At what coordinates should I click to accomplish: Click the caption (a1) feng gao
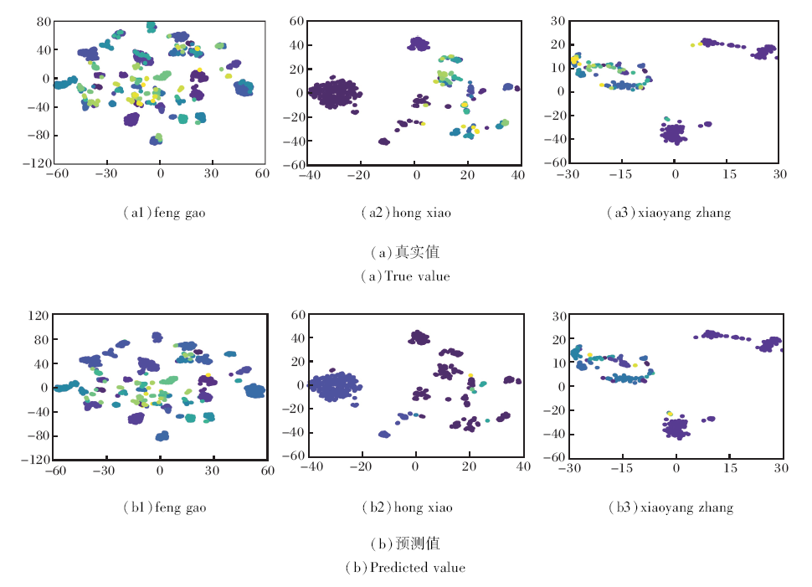(163, 214)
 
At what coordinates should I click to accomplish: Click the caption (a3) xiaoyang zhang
(668, 214)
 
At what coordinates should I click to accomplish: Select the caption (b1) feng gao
(163, 507)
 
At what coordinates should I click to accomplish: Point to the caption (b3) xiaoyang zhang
(670, 507)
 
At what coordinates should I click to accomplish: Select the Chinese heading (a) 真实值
(405, 252)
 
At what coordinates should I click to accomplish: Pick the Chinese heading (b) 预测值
(405, 544)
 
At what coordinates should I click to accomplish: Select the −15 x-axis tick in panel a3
(620, 174)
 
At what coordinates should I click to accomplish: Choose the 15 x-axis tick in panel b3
(730, 468)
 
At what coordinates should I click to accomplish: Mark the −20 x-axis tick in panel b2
(362, 468)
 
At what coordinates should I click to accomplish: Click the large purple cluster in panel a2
(335, 92)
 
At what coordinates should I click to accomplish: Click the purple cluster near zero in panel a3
(674, 132)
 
